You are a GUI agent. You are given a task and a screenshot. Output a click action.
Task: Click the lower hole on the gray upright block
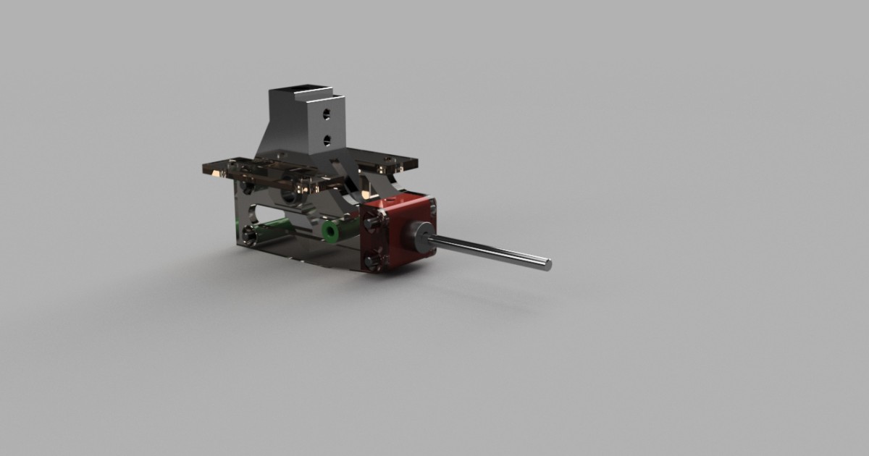click(x=327, y=139)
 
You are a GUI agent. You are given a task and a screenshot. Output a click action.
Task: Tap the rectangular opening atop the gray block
click(x=298, y=93)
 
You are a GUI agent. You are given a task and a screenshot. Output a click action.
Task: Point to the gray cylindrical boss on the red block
click(x=420, y=235)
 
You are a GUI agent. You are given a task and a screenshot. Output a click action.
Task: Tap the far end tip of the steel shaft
click(x=547, y=265)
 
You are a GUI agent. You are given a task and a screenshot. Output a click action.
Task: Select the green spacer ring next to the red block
click(x=332, y=232)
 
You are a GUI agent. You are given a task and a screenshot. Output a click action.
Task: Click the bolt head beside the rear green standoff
click(x=250, y=235)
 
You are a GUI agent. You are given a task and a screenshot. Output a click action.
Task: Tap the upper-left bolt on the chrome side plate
click(x=247, y=187)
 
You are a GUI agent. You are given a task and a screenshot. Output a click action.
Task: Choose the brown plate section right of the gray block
click(x=391, y=161)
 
